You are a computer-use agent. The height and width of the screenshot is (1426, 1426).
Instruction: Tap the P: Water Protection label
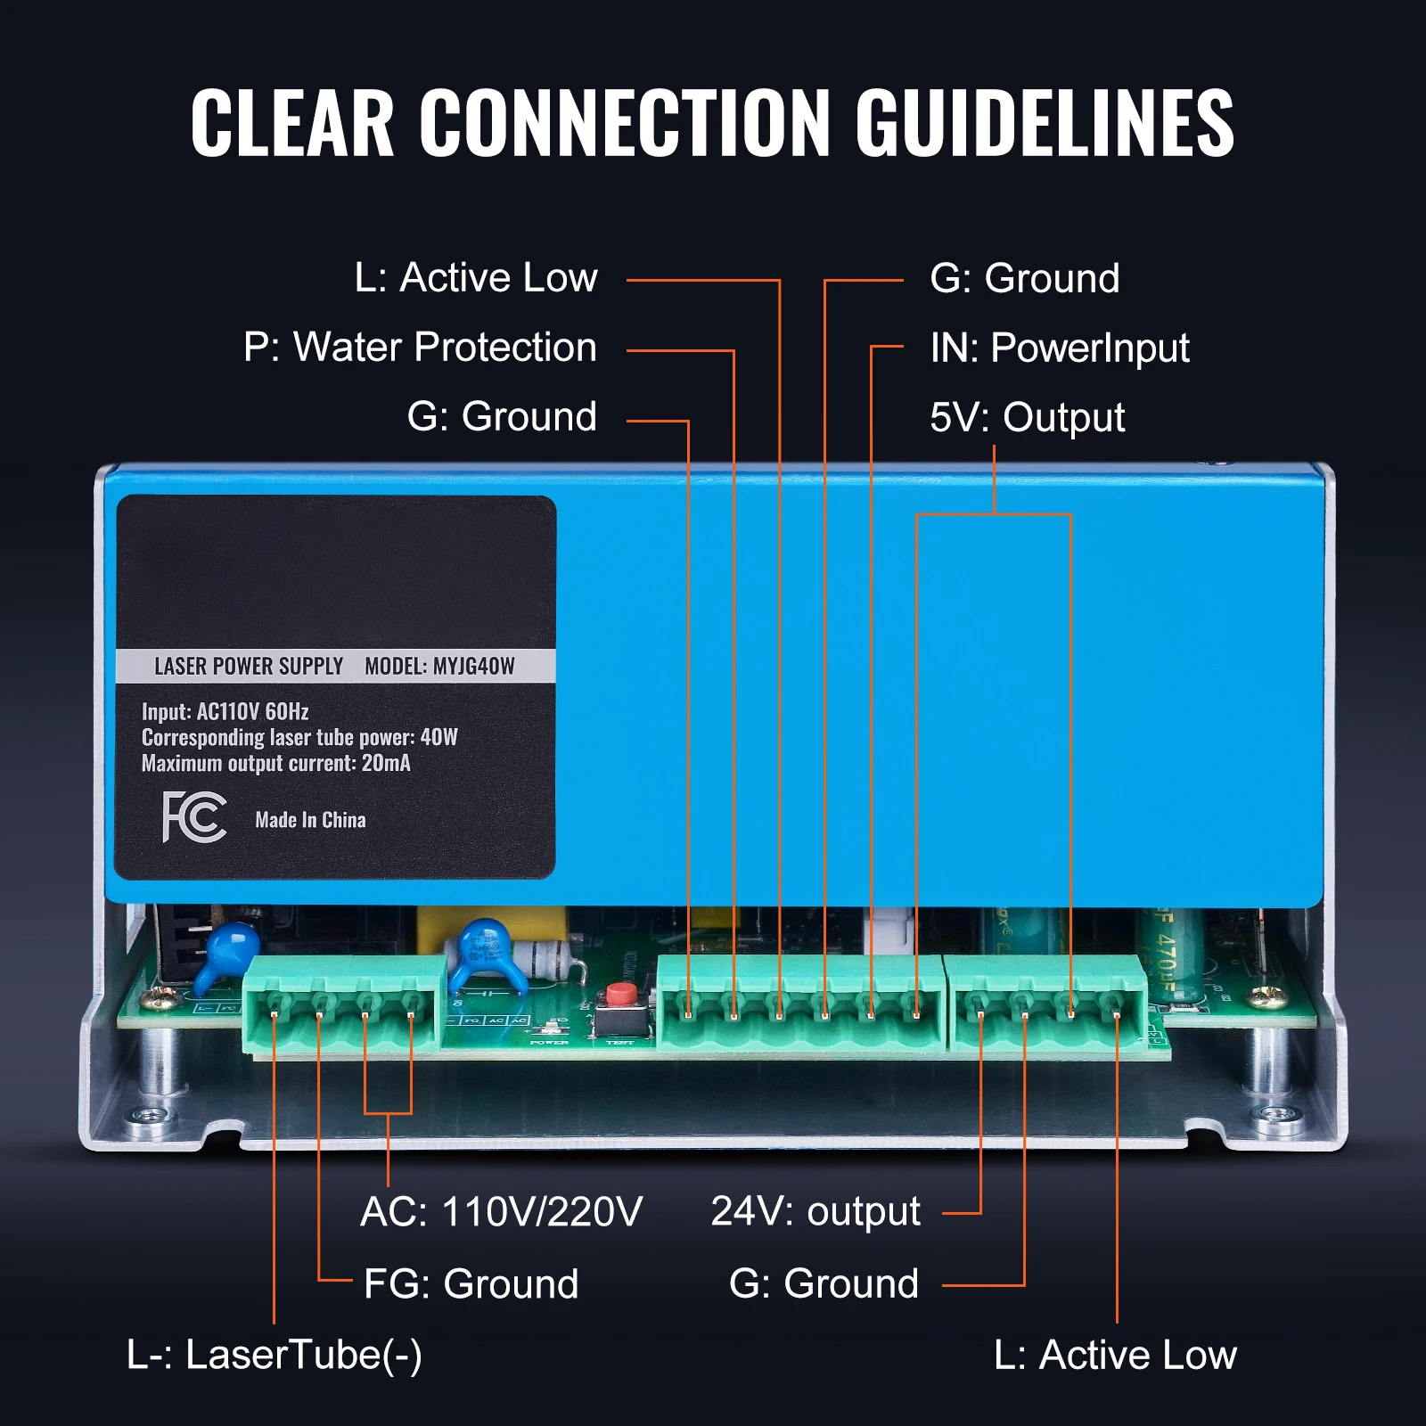420,347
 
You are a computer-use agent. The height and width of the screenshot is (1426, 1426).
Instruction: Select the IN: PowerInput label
1059,348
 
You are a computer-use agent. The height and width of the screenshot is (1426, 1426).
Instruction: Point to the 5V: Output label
1027,417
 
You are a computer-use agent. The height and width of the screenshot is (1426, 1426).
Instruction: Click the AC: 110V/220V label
501,1211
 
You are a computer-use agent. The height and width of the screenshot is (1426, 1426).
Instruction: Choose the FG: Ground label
471,1283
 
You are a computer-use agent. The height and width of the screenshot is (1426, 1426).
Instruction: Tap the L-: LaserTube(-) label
275,1355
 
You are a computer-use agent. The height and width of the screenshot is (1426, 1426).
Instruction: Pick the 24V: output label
815,1211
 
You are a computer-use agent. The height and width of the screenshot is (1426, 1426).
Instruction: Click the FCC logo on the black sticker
194,816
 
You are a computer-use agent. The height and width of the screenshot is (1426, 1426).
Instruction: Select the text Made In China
310,820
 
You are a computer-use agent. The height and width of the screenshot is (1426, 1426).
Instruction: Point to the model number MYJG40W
473,666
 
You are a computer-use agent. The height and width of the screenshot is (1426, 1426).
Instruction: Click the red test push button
620,995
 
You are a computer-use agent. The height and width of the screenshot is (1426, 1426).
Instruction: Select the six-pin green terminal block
800,1005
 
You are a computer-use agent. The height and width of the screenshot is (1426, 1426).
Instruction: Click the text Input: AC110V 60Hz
225,711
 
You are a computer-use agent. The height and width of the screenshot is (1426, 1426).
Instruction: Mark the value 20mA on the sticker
386,763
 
